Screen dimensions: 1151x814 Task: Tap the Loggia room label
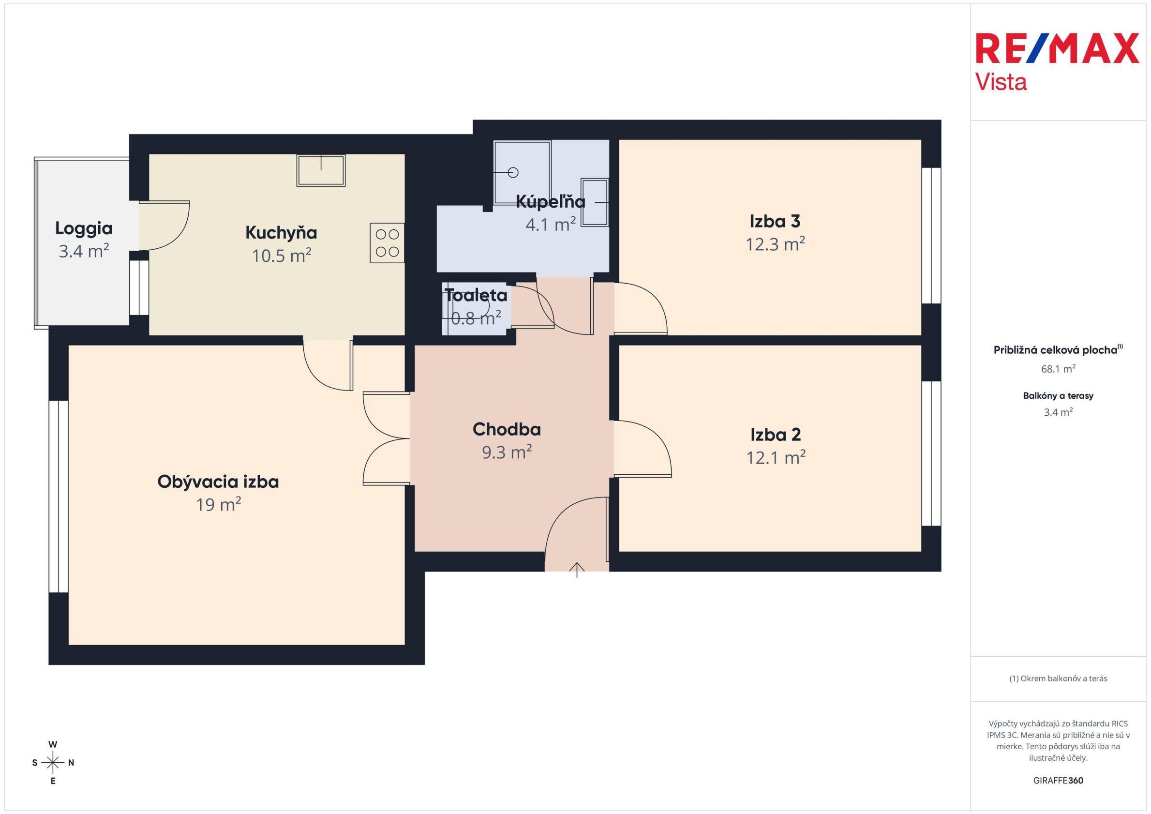[x=84, y=228]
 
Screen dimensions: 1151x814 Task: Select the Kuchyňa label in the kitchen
[x=281, y=233]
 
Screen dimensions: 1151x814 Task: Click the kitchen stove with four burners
[x=387, y=243]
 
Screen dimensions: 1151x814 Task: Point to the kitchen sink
[x=321, y=170]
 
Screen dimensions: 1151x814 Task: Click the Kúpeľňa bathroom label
[x=551, y=202]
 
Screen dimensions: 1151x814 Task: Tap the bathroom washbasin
[x=595, y=202]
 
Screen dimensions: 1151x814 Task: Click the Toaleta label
[x=476, y=295]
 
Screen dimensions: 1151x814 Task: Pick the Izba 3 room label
[x=775, y=221]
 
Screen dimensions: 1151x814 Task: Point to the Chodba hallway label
[x=507, y=429]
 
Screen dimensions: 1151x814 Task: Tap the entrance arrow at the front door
[x=577, y=570]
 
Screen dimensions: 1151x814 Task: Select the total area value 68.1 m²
[x=1058, y=369]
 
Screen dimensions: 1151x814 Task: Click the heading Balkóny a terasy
[x=1058, y=396]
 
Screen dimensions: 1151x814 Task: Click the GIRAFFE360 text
[x=1058, y=781]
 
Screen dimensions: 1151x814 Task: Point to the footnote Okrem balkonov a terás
[x=1058, y=678]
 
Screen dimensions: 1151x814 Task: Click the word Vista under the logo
[x=1001, y=82]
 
